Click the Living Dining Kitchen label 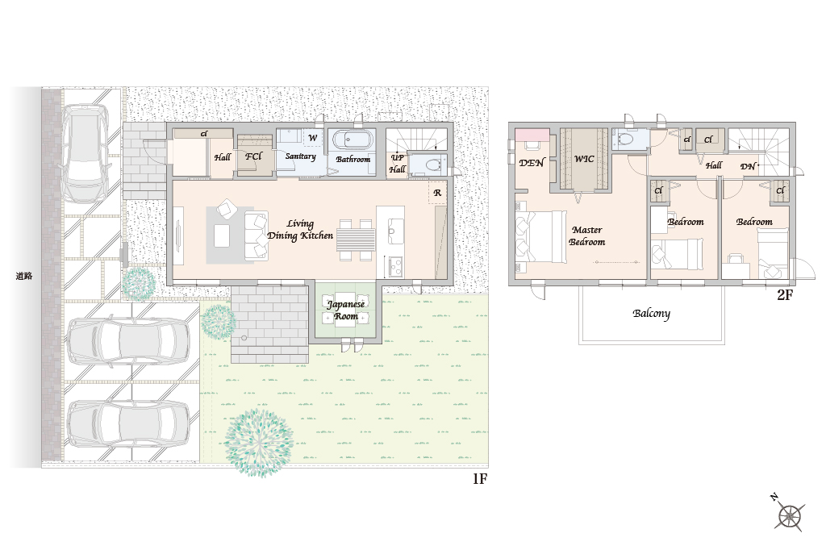(x=300, y=230)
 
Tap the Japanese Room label (x=345, y=310)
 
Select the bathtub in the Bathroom (x=353, y=140)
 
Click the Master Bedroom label (x=587, y=235)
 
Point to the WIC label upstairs (x=584, y=159)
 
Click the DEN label (x=531, y=163)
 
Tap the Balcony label (x=652, y=314)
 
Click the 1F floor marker (x=479, y=478)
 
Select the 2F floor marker (x=784, y=294)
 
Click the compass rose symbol (x=790, y=515)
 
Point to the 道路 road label (x=24, y=276)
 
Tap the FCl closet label (x=252, y=156)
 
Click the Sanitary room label (x=300, y=156)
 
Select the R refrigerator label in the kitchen (x=437, y=194)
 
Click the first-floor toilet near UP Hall (x=429, y=165)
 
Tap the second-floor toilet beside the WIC (x=626, y=139)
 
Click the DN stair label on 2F (x=748, y=166)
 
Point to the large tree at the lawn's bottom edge (x=259, y=443)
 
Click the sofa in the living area (x=256, y=236)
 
